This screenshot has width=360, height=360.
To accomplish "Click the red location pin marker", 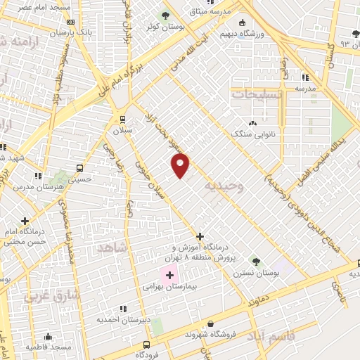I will [181, 165].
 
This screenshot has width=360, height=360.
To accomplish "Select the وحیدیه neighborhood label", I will [224, 186].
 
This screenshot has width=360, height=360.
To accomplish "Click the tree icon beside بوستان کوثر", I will [166, 15].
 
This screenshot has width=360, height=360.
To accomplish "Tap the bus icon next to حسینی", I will [79, 169].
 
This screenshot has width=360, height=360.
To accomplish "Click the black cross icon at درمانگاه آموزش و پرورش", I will [200, 237].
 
